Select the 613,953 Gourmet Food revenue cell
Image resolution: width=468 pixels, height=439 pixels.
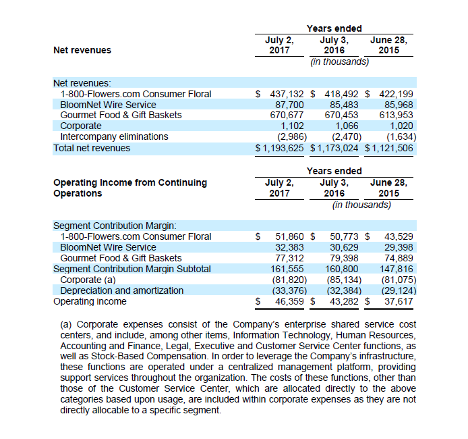click(396, 115)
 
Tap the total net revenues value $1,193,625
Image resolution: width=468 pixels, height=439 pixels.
click(280, 147)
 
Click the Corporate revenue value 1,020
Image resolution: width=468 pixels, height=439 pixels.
click(401, 126)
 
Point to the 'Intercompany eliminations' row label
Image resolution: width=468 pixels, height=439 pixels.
click(115, 136)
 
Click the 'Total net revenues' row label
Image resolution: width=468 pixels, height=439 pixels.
click(92, 147)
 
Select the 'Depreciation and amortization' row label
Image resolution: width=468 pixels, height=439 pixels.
click(122, 290)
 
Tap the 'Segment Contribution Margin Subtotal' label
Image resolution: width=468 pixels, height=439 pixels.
click(132, 269)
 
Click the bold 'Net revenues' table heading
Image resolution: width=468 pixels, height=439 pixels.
click(82, 50)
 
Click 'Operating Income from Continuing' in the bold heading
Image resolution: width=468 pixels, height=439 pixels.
click(130, 182)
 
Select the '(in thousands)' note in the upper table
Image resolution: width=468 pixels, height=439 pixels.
click(339, 61)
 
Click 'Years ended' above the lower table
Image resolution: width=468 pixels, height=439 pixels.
click(334, 171)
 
